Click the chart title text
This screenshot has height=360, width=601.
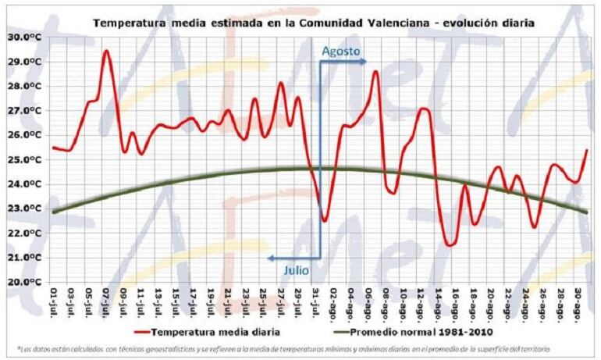pos(313,23)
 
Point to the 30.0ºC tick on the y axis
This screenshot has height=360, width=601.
pos(24,37)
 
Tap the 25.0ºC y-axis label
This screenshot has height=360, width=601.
pos(24,159)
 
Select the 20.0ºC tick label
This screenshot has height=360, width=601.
pos(24,282)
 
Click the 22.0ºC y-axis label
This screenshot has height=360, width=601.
pos(24,233)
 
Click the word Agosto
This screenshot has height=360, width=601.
pos(341,52)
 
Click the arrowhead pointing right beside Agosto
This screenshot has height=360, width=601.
pos(363,61)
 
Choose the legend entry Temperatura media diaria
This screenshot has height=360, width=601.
pos(202,331)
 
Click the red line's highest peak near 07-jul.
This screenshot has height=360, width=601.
pos(106,51)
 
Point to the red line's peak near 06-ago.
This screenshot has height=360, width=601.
pos(375,72)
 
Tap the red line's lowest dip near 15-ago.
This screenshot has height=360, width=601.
pos(450,245)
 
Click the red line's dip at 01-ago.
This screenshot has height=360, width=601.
pos(324,221)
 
